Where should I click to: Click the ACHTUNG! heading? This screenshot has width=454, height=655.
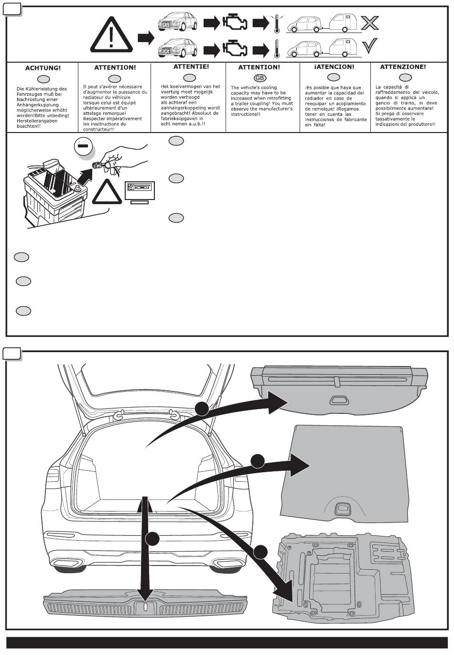(43, 68)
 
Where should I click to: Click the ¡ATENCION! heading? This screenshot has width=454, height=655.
(335, 67)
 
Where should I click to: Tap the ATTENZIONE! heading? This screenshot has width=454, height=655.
(403, 67)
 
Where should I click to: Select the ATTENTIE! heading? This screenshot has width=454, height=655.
(191, 67)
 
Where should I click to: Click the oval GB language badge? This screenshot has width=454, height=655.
(259, 78)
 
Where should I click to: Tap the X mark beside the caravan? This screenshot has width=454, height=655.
(370, 22)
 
